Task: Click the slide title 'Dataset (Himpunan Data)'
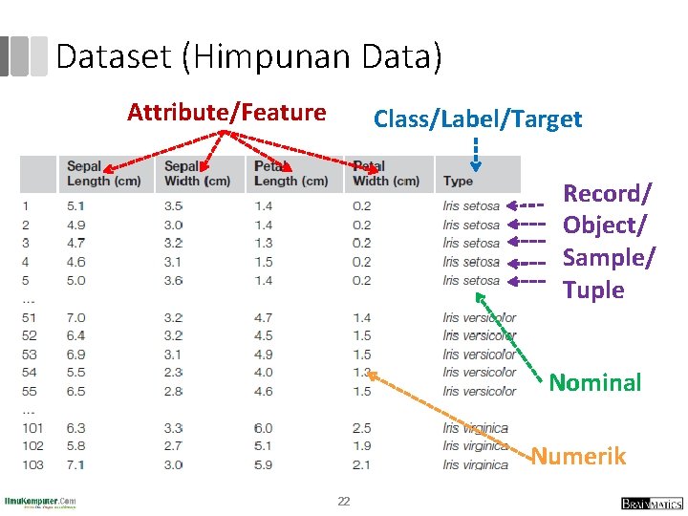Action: point(248,57)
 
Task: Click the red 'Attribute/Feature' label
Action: point(226,113)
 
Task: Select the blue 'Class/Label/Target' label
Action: point(477,119)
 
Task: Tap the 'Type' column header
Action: point(458,181)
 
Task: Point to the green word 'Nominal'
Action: point(594,383)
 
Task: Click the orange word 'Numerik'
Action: point(578,456)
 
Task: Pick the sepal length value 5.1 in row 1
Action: point(76,205)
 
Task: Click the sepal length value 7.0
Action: point(76,317)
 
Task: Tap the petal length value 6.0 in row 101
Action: point(264,429)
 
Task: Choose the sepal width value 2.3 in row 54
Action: point(173,373)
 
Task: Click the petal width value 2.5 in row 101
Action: point(362,429)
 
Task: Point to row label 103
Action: point(32,465)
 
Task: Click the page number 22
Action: point(344,502)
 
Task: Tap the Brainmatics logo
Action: point(652,503)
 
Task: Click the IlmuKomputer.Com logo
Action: point(40,502)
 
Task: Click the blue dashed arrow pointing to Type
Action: point(475,151)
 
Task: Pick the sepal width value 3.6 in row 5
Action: point(173,281)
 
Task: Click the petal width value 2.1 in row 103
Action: point(362,465)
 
